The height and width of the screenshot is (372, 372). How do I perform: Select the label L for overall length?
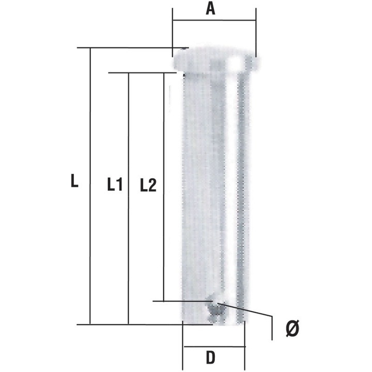[75, 181]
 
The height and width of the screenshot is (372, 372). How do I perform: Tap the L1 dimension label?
[114, 184]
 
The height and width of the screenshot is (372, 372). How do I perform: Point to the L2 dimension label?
[148, 184]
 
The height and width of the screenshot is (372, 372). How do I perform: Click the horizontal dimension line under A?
[214, 21]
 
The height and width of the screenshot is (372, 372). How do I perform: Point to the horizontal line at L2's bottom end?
[181, 301]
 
